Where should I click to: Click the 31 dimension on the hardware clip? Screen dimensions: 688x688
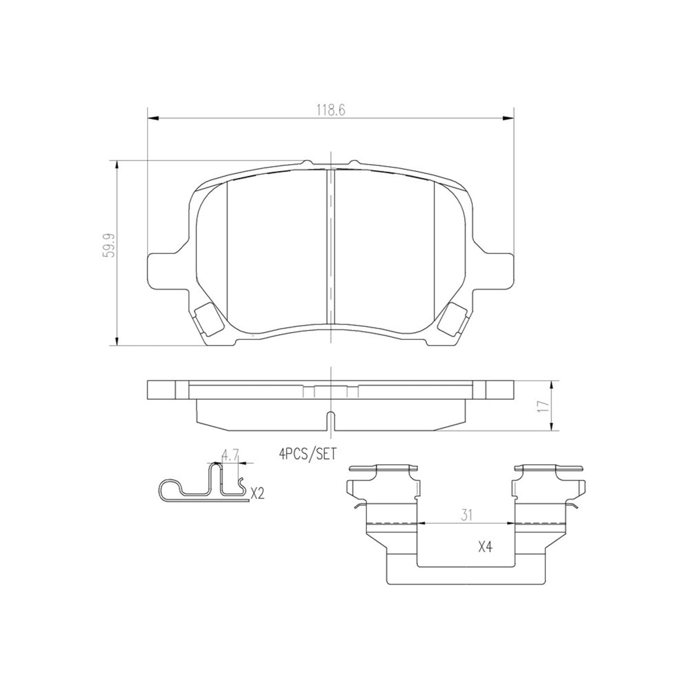click(x=466, y=515)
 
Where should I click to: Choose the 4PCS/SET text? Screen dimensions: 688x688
click(x=308, y=455)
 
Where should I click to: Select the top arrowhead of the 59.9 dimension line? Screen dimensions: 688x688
click(x=117, y=164)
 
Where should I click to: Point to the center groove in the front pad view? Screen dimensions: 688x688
click(x=330, y=248)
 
